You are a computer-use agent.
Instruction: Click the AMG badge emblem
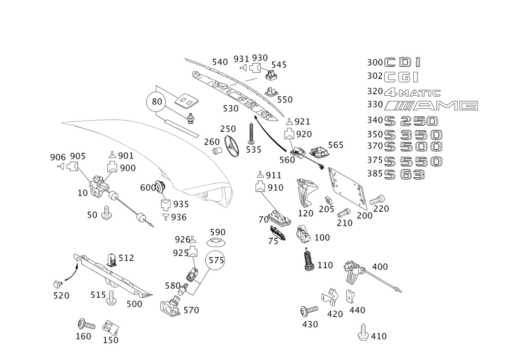[x=431, y=105]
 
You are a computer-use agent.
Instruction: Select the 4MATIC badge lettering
[x=412, y=93]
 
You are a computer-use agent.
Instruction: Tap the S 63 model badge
[x=405, y=175]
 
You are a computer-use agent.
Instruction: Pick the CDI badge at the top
[x=402, y=62]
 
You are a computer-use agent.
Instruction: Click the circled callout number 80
[x=156, y=102]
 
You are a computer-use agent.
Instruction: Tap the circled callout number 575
[x=215, y=260]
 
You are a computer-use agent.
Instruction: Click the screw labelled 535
[x=251, y=133]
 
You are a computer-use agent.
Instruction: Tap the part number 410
[x=379, y=336]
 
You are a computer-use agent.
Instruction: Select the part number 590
[x=217, y=232]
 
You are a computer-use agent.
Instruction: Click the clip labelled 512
[x=111, y=260]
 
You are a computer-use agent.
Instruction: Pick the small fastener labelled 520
[x=58, y=284]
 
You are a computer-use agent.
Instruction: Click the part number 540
[x=220, y=62]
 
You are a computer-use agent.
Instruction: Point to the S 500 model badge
[x=413, y=147]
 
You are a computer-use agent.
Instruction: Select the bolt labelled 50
[x=105, y=213]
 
